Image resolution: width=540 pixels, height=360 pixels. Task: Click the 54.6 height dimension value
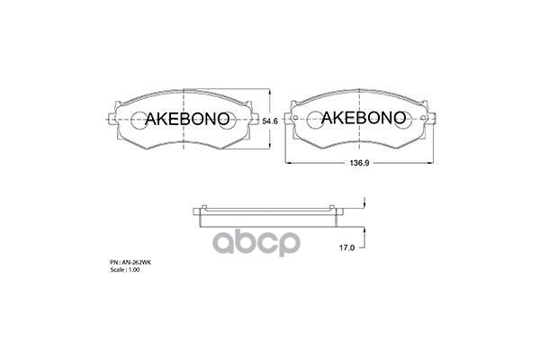[270, 121]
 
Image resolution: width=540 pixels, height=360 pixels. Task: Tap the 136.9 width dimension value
[359, 163]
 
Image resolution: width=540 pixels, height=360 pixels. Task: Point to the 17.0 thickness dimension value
[346, 247]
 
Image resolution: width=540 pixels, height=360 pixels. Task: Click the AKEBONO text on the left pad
[187, 119]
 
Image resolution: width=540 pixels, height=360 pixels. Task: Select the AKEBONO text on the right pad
[364, 118]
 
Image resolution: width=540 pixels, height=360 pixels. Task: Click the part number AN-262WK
[130, 263]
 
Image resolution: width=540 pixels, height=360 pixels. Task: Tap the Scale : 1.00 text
[125, 270]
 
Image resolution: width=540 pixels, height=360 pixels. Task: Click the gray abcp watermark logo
[256, 242]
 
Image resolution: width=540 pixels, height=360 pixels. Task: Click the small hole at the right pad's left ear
[295, 118]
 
